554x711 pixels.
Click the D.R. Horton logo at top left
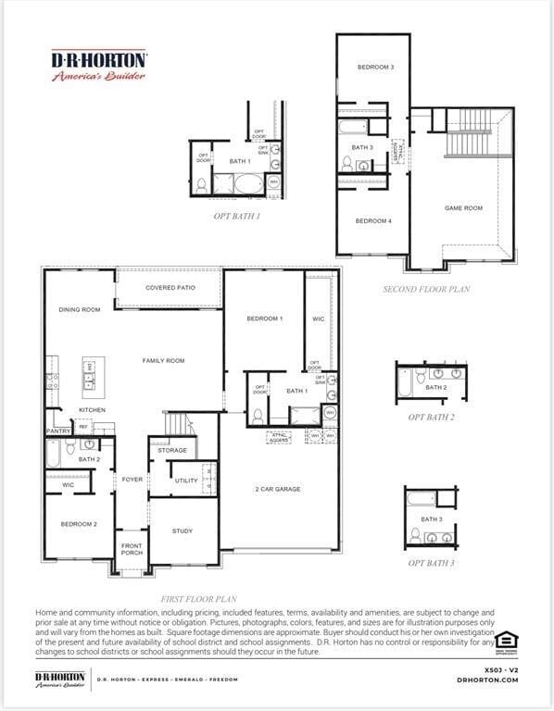98,65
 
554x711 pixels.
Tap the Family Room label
163,361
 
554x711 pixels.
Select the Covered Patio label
170,288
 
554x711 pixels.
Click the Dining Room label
79,310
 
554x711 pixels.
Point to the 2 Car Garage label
278,489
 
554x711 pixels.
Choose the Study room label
183,531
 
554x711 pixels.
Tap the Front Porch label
132,550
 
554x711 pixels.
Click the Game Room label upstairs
463,208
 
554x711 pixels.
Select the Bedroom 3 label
376,68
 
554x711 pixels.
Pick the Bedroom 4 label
373,221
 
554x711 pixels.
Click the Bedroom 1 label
264,319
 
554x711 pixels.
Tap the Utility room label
186,480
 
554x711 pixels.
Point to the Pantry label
58,430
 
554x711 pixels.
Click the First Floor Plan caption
198,599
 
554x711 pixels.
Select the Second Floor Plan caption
426,289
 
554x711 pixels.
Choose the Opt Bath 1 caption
236,216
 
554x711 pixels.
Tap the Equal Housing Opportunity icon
506,641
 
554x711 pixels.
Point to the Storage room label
172,451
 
